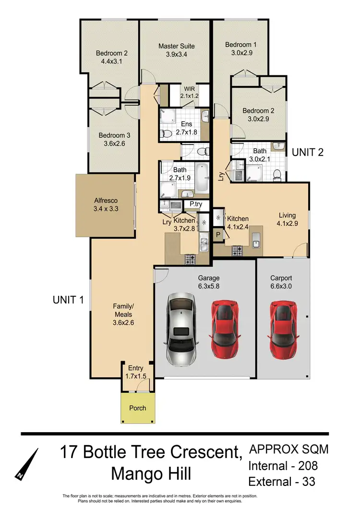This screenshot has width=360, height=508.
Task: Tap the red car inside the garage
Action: [x=224, y=329]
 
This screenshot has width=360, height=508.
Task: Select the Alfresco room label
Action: [x=105, y=205]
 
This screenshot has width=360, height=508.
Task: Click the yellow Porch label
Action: [x=137, y=408]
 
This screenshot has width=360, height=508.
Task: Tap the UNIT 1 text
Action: [x=69, y=300]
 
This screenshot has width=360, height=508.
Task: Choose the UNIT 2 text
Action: [x=308, y=153]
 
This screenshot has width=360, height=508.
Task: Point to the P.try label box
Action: [x=195, y=204]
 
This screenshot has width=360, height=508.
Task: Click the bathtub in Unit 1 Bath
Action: [x=202, y=177]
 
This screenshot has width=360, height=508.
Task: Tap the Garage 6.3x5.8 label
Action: [x=209, y=282]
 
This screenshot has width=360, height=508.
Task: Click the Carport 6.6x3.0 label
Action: [x=281, y=282]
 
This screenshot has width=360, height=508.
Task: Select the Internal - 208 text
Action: [x=283, y=465]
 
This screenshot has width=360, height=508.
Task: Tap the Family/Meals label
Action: [x=123, y=314]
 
